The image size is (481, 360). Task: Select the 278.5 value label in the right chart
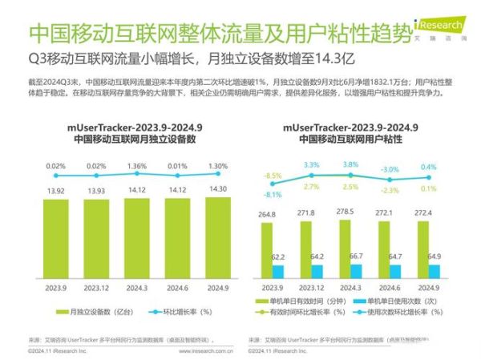(346, 211)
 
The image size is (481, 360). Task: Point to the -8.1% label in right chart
(273, 194)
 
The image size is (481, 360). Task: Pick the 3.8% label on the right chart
(350, 164)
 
